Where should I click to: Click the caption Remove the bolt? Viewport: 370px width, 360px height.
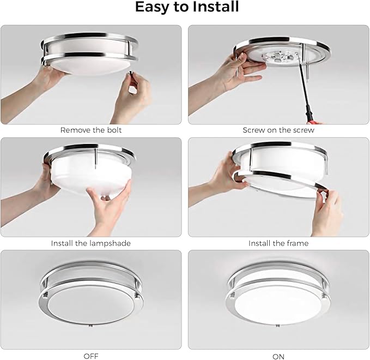click(x=91, y=130)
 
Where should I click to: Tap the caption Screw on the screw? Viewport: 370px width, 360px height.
click(x=278, y=130)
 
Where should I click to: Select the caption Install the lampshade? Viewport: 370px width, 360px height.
click(x=91, y=243)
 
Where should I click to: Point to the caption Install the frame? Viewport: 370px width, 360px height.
click(x=278, y=243)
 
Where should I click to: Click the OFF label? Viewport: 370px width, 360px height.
click(x=91, y=356)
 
